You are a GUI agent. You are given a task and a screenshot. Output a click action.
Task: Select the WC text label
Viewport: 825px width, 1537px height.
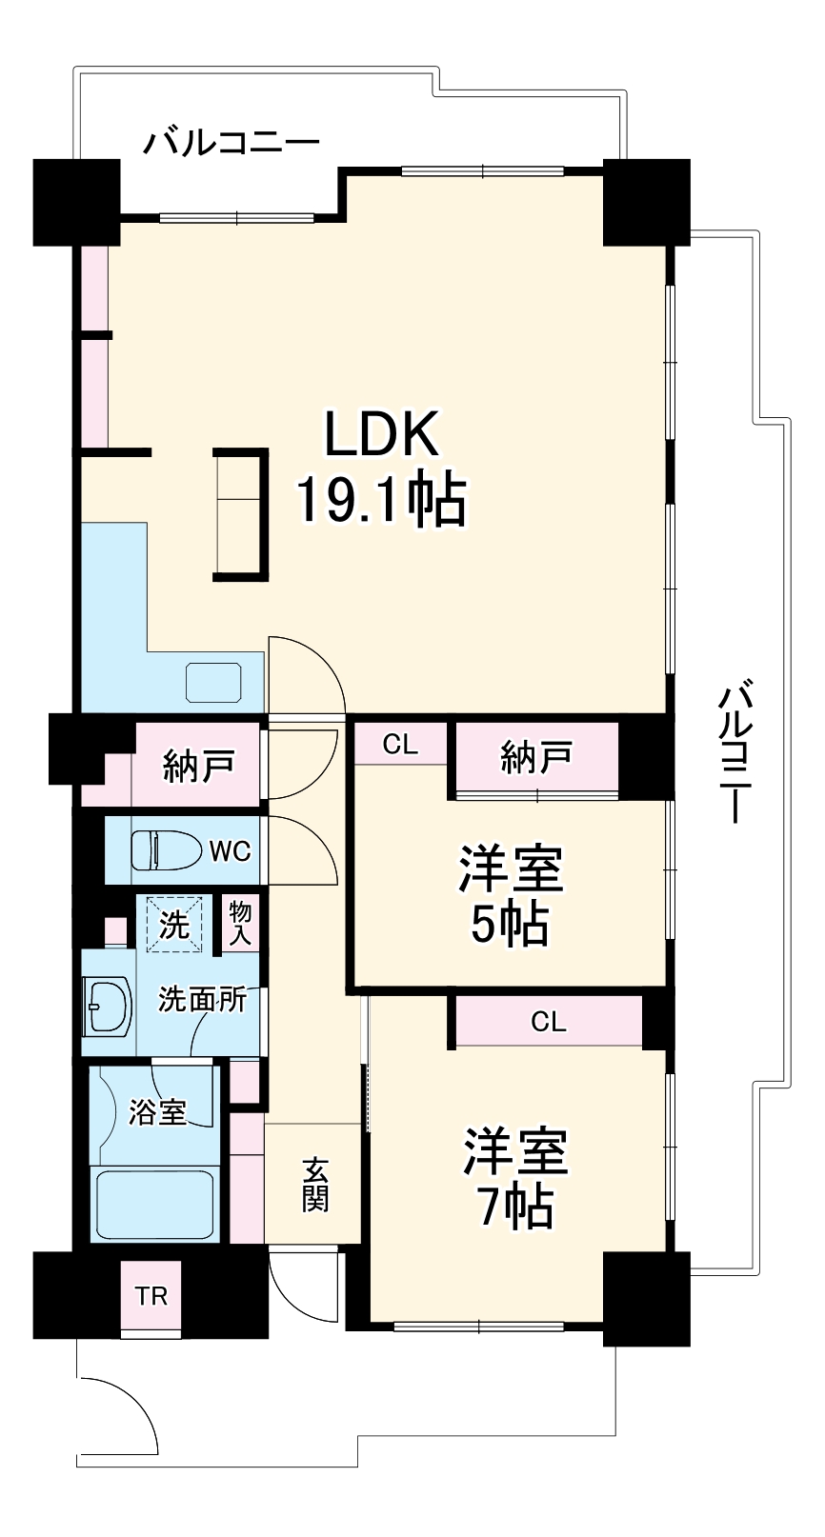(230, 850)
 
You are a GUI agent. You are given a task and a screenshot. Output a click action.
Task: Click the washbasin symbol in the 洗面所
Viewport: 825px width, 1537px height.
(108, 1007)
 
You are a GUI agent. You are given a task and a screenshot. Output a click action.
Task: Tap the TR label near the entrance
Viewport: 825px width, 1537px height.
(151, 1296)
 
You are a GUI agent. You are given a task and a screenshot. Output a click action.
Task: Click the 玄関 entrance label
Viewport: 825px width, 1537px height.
(315, 1185)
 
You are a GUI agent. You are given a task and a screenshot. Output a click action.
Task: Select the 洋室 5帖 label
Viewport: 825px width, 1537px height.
(511, 895)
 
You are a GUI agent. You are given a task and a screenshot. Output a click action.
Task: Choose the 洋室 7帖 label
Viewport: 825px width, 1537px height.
(514, 1179)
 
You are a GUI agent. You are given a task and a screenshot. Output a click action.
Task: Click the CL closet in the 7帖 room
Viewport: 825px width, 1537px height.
(549, 1022)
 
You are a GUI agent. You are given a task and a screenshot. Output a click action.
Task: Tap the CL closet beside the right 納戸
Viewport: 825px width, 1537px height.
(400, 744)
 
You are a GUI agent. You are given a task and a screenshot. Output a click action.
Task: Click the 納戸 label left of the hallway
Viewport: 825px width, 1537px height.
(198, 766)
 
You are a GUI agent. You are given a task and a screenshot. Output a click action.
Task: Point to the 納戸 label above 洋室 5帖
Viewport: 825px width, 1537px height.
(535, 757)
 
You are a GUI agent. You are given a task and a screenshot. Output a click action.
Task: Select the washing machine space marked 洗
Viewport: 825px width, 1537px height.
(174, 924)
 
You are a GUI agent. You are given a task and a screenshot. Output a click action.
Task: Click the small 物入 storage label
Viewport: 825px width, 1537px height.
(240, 922)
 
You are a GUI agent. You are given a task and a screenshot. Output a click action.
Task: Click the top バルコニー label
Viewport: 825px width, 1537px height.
(231, 145)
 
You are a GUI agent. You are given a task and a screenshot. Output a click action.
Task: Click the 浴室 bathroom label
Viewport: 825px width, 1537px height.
(158, 1111)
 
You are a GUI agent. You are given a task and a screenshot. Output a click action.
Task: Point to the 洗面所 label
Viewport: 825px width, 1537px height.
(203, 1000)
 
